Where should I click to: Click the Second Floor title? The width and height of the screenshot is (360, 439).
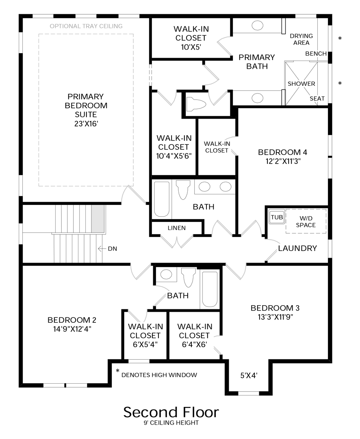[171, 412]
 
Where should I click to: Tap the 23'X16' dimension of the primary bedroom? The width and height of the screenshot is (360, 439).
[86, 123]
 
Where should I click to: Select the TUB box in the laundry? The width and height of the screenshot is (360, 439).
[277, 217]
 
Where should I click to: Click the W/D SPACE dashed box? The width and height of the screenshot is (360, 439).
[306, 221]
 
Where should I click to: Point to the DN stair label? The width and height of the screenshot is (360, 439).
[112, 248]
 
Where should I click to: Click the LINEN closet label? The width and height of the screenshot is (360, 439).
[176, 228]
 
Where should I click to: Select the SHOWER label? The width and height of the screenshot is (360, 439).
[301, 84]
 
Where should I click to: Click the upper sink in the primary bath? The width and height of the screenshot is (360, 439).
[257, 26]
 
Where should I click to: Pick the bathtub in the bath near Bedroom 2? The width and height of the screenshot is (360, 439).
[210, 289]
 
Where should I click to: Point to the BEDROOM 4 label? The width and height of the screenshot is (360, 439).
[282, 152]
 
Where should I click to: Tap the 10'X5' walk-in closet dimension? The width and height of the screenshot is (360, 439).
[190, 47]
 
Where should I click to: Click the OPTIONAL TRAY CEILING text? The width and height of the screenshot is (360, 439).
[86, 26]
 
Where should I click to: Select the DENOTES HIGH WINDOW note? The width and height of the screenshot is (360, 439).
[159, 375]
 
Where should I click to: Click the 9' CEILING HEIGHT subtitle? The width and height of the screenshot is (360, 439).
[171, 423]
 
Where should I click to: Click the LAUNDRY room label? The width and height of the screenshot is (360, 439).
[297, 248]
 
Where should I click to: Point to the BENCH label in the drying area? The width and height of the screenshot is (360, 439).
[316, 54]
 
